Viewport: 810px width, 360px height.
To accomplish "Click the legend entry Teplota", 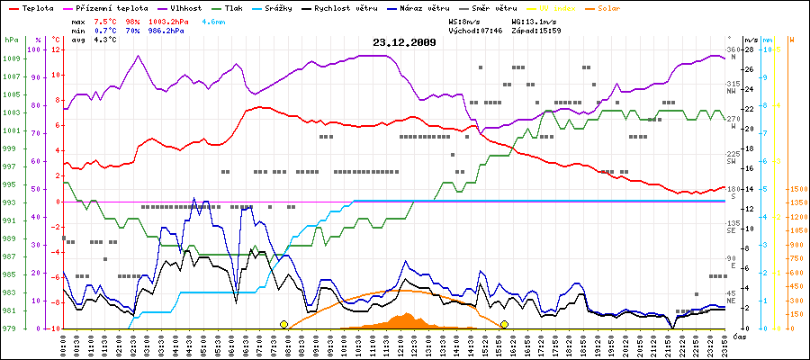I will pyautogui.click(x=33, y=7).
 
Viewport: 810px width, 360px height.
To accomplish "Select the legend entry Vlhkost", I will pyautogui.click(x=184, y=7).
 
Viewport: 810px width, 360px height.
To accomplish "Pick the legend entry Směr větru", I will pyautogui.click(x=521, y=7).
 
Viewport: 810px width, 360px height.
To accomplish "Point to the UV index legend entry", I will pyautogui.click(x=581, y=7).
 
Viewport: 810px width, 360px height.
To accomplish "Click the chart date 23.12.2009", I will pyautogui.click(x=404, y=42).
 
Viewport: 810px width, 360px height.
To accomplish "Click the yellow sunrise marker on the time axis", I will pyautogui.click(x=284, y=324).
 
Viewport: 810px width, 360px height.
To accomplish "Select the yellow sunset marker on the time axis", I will pyautogui.click(x=505, y=324).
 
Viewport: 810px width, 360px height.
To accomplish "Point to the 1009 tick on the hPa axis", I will pyautogui.click(x=11, y=58).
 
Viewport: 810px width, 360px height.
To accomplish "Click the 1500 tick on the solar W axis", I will pyautogui.click(x=796, y=189).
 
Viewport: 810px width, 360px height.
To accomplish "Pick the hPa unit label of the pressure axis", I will pyautogui.click(x=11, y=40).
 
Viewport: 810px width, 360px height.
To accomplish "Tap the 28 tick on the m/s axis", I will pyautogui.click(x=746, y=49).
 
